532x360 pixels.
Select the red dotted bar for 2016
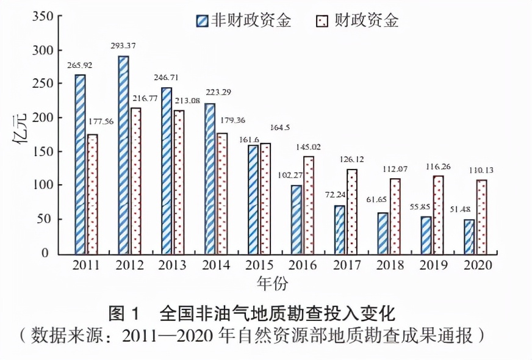[309, 205]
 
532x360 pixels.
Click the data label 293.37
[124, 45]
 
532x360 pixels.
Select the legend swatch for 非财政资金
[203, 21]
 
